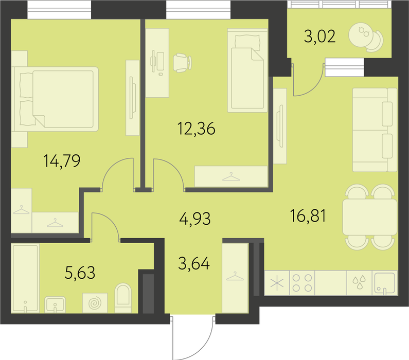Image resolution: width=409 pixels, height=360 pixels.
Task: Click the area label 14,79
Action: click(62, 161)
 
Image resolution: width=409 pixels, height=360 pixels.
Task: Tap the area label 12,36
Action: click(197, 129)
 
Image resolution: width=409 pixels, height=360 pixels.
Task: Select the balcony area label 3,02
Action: click(319, 36)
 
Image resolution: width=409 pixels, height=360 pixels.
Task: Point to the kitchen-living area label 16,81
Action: click(308, 216)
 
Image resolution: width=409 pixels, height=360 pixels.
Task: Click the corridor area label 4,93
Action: click(195, 219)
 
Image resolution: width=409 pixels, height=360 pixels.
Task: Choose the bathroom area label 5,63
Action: click(80, 273)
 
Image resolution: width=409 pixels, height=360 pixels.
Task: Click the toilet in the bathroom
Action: click(123, 298)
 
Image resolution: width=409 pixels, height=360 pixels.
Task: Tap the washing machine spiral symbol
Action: click(95, 302)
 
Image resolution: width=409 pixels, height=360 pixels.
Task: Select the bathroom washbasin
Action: click(55, 304)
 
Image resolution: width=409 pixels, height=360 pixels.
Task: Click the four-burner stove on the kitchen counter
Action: click(302, 283)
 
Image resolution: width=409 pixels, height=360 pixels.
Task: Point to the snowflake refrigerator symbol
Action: click(277, 283)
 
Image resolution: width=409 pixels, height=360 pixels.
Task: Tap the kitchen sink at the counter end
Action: click(384, 283)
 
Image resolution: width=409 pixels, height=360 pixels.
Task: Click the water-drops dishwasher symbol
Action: click(359, 282)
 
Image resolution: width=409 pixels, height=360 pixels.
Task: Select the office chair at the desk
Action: click(182, 63)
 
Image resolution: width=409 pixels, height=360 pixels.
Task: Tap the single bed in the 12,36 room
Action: click(247, 70)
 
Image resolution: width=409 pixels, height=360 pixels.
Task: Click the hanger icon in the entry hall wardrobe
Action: click(235, 276)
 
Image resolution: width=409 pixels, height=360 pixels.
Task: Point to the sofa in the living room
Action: click(375, 130)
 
